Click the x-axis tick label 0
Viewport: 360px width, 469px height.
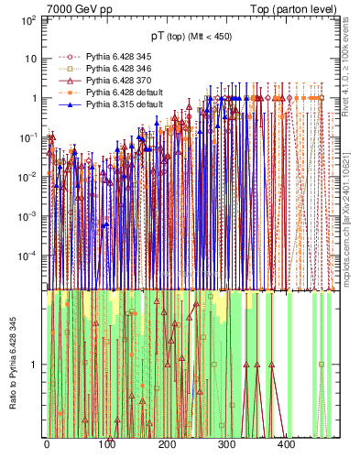[47, 444]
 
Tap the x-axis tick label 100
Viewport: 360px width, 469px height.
[106, 444]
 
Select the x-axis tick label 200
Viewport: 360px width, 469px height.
[166, 444]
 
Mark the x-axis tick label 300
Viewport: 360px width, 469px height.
[226, 444]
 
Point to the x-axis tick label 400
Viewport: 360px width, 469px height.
[286, 444]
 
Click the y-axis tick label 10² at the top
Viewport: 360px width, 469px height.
[28, 17]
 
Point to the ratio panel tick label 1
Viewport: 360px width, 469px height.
[34, 364]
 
